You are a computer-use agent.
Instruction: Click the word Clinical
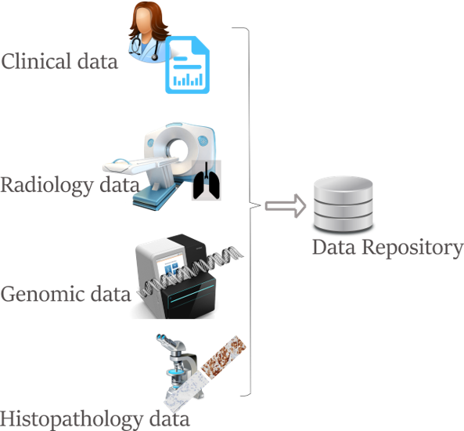coord(37,61)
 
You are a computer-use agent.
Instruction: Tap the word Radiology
coord(47,185)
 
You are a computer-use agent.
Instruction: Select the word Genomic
coord(41,294)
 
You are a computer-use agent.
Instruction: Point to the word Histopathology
coord(71,419)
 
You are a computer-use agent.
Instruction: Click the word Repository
coord(413,248)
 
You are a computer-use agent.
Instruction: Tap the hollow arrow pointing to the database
coord(286,206)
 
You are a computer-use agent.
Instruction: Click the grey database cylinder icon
coord(344,204)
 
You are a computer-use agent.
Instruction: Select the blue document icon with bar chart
coord(187,65)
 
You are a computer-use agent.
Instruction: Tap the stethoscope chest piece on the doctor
coord(155,57)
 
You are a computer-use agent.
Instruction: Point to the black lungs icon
coord(207,180)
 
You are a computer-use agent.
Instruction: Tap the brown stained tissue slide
coord(224,357)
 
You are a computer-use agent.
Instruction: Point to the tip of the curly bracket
coord(261,205)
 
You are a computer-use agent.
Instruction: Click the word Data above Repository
coord(334,247)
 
